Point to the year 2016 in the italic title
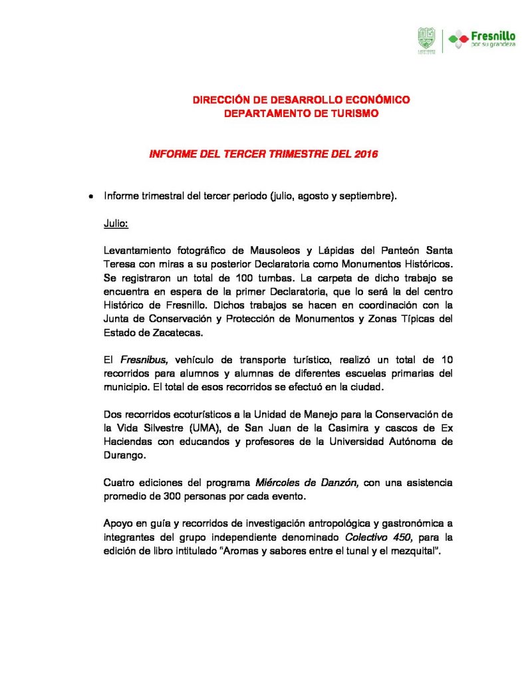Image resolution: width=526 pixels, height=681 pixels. [365, 154]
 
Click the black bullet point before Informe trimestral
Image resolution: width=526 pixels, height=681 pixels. [90, 198]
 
